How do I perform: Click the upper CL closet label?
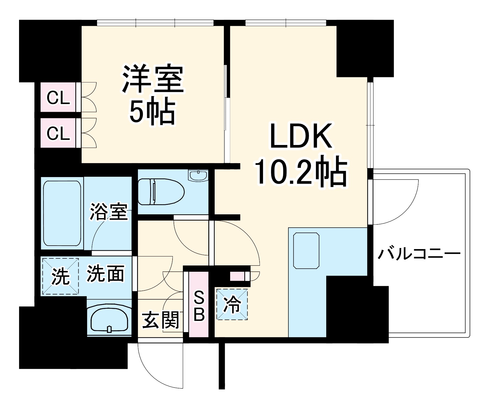click(58, 98)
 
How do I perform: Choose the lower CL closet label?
click(58, 133)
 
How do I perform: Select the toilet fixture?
click(161, 191)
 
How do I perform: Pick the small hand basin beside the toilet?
click(198, 175)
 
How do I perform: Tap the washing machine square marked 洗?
click(60, 276)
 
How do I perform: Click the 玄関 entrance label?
click(161, 320)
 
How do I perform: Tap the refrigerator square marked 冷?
click(232, 304)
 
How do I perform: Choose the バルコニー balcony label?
click(419, 254)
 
